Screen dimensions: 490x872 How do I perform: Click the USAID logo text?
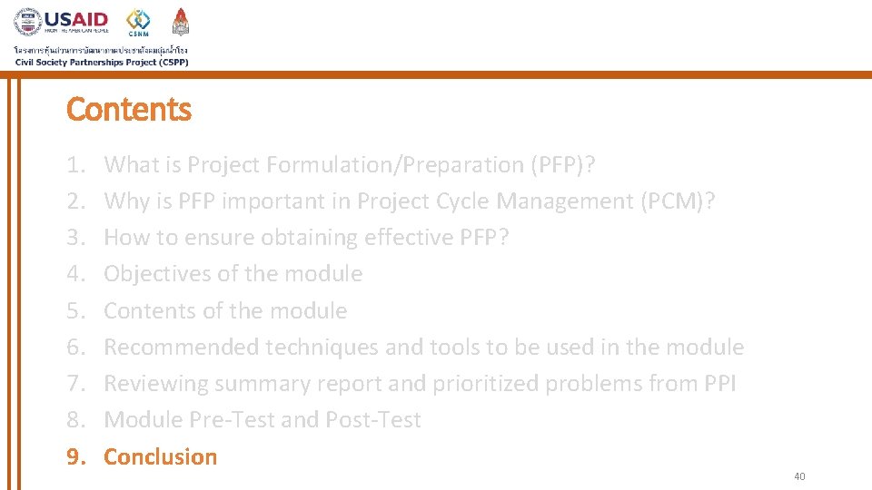(x=76, y=19)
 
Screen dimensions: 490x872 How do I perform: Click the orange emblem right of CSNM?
(x=181, y=22)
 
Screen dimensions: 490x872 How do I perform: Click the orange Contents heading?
(x=129, y=110)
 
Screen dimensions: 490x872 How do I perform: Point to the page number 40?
(x=799, y=476)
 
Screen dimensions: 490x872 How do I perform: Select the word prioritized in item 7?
(x=487, y=384)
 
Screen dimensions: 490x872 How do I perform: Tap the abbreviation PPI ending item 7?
(x=720, y=384)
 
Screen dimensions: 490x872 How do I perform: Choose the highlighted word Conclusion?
(x=161, y=456)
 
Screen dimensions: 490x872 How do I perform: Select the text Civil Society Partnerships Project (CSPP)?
(x=102, y=62)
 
